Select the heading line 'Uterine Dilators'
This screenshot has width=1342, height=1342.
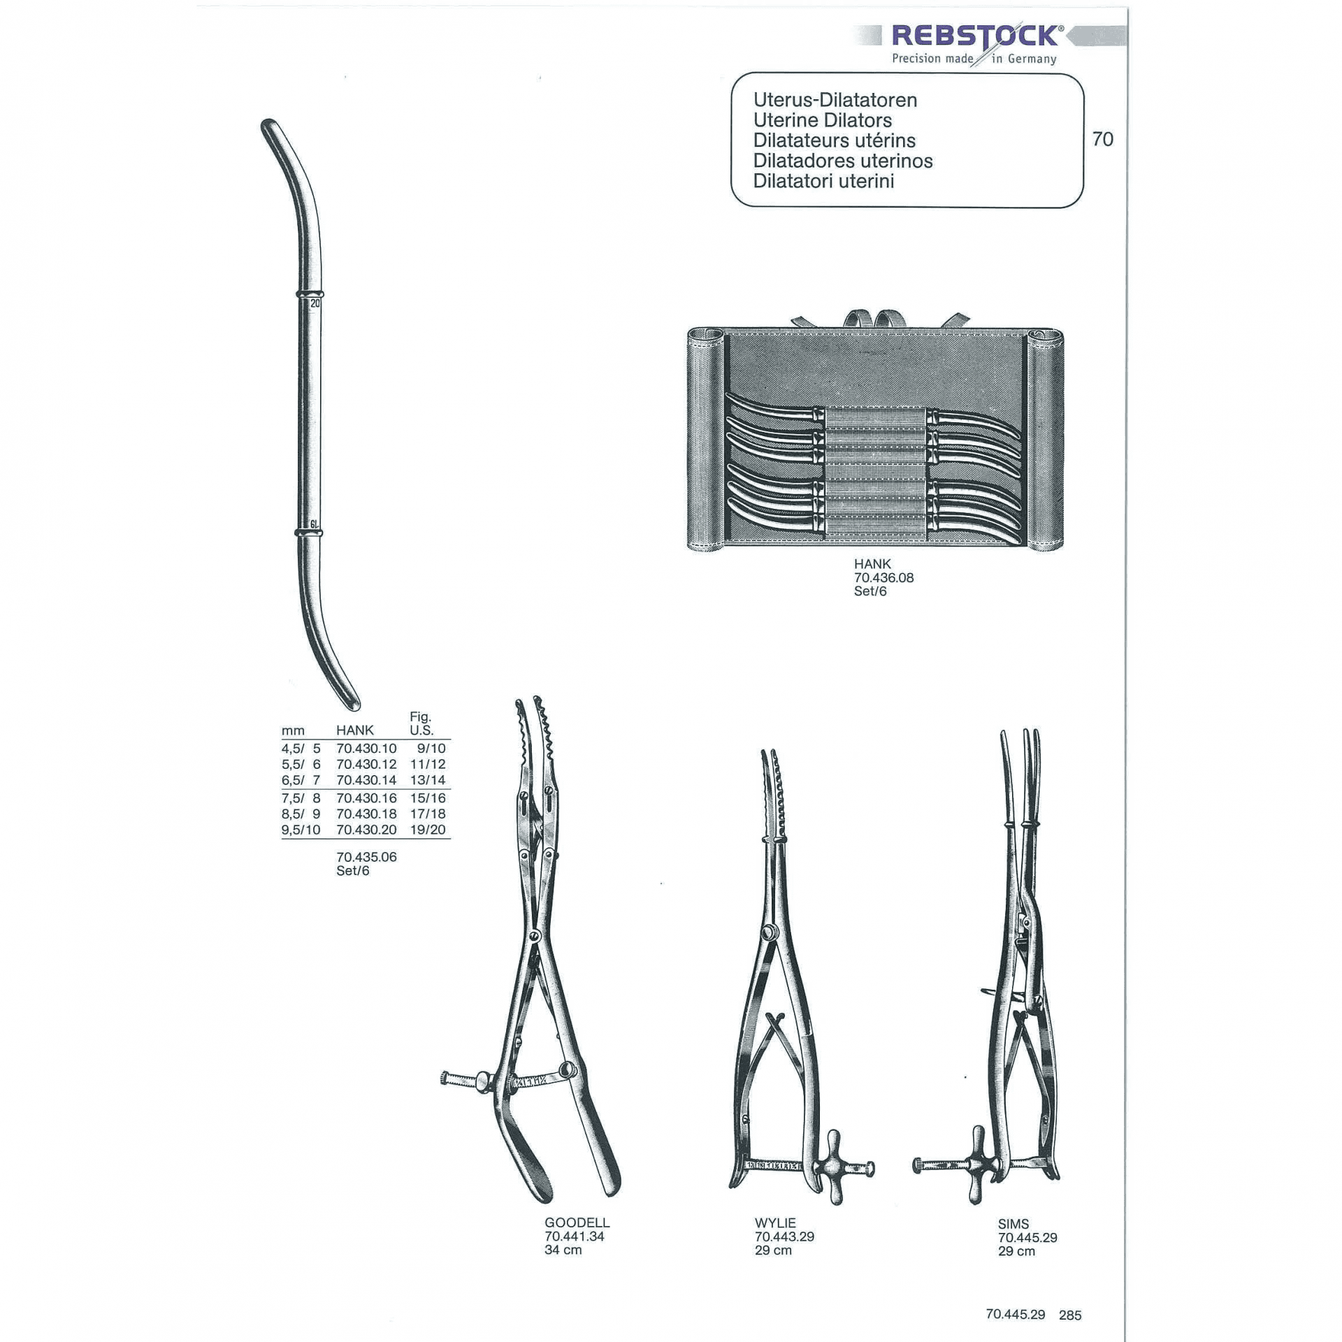coord(822,120)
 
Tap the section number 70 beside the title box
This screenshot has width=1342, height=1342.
coord(1102,139)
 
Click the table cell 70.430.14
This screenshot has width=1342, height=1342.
coord(366,780)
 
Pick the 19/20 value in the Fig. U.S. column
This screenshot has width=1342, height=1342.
coord(428,830)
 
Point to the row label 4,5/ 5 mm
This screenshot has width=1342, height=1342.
coord(301,748)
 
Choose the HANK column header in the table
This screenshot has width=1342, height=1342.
coord(355,730)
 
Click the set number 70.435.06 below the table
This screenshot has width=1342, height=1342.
coord(366,857)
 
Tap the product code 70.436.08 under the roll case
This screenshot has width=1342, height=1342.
coord(883,577)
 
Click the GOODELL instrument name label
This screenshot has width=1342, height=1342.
coord(577,1222)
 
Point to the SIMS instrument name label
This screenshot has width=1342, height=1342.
coord(1013,1224)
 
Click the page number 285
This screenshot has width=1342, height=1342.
coord(1070,1315)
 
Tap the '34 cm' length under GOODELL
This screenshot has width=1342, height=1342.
coord(563,1250)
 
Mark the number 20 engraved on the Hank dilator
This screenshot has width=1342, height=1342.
coord(315,304)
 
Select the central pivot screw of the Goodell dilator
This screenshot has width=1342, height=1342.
coord(535,936)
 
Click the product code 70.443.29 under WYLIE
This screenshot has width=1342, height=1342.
coord(784,1236)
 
